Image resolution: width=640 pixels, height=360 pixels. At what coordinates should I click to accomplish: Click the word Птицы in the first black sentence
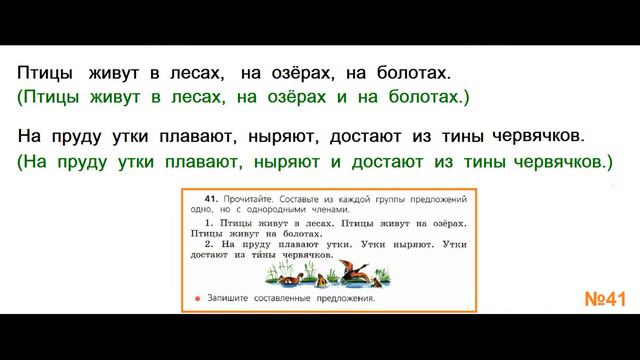tap(44, 73)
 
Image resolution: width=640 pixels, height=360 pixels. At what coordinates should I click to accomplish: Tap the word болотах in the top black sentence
tap(414, 73)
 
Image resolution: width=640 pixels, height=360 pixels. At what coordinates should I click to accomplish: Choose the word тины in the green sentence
tap(481, 160)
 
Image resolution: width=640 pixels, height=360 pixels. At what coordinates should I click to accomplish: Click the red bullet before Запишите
tap(200, 297)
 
